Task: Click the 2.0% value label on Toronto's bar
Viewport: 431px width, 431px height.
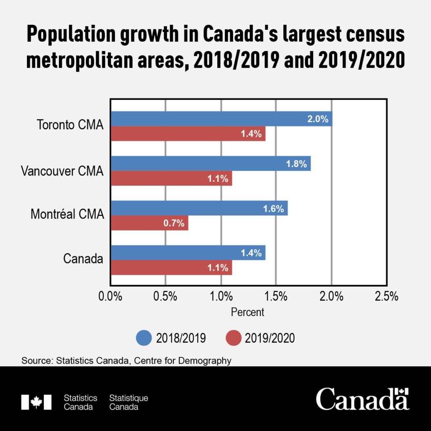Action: (x=317, y=119)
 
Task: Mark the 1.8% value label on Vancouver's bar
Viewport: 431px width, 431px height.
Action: (x=296, y=164)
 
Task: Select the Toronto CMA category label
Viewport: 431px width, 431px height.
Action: (x=70, y=125)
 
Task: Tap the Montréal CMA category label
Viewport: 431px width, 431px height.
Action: (x=67, y=215)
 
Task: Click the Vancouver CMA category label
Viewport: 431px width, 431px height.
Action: (x=62, y=170)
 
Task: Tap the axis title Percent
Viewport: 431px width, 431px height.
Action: (x=247, y=312)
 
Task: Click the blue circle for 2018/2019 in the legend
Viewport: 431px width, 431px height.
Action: (x=144, y=338)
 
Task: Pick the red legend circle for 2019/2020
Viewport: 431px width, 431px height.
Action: (x=233, y=338)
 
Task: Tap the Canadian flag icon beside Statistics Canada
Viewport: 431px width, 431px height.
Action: (x=36, y=402)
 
